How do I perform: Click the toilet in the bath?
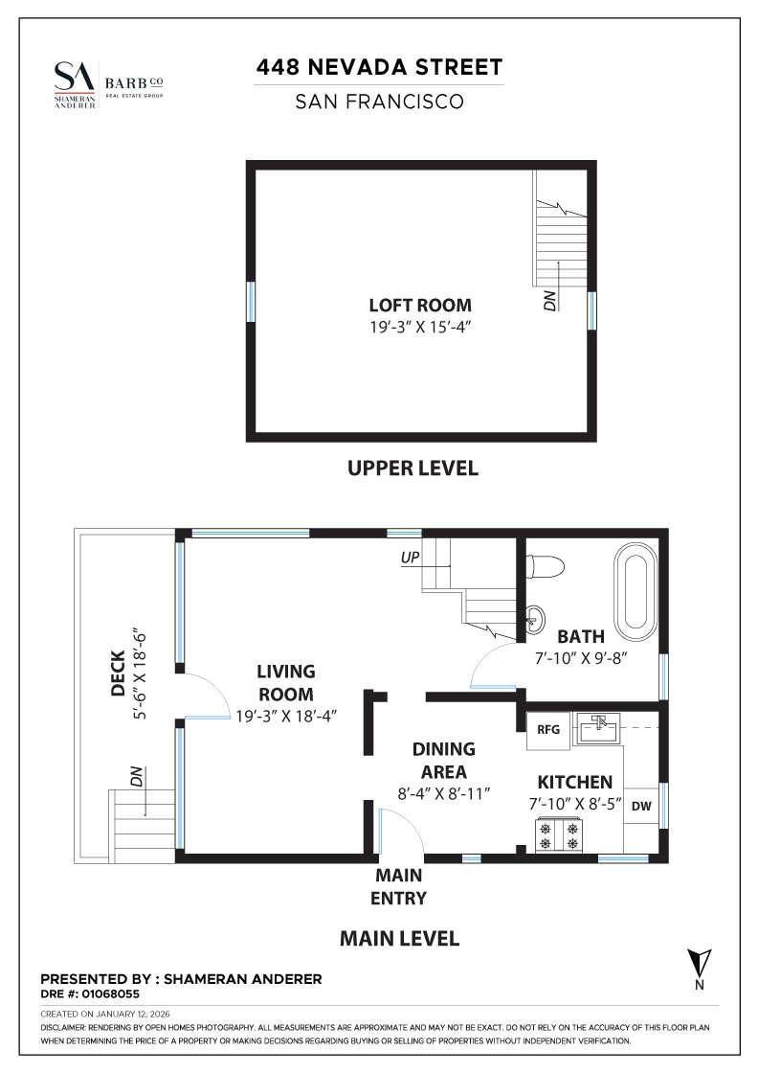(545, 565)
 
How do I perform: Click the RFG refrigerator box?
(547, 729)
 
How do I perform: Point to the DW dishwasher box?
(640, 806)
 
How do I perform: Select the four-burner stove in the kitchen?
(559, 835)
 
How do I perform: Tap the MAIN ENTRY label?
(399, 886)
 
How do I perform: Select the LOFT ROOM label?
(420, 306)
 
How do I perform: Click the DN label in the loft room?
(549, 300)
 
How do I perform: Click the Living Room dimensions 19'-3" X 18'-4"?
(285, 715)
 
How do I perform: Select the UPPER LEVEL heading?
(412, 468)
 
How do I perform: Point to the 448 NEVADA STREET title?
(379, 68)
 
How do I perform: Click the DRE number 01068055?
(90, 994)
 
